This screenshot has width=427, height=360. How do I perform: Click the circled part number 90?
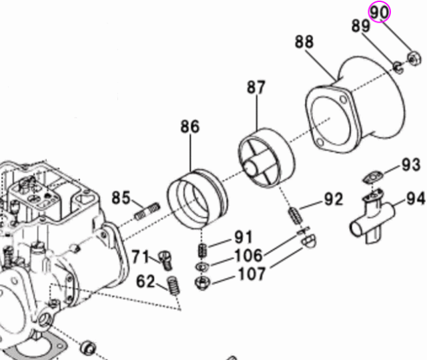tap(379, 12)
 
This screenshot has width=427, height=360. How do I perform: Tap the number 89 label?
tap(361, 27)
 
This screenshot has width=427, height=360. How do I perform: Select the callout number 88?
tap(304, 42)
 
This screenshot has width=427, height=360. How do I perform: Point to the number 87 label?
tap(256, 87)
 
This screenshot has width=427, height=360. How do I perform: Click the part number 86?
tap(189, 127)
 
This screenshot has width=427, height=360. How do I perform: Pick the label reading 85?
tap(121, 198)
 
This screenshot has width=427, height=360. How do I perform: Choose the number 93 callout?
tap(411, 165)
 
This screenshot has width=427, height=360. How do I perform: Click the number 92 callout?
tap(333, 198)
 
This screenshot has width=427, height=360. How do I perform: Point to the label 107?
tap(250, 273)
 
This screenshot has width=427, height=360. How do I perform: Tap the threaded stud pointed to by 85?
tap(147, 210)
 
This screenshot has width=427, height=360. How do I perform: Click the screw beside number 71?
tap(166, 256)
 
